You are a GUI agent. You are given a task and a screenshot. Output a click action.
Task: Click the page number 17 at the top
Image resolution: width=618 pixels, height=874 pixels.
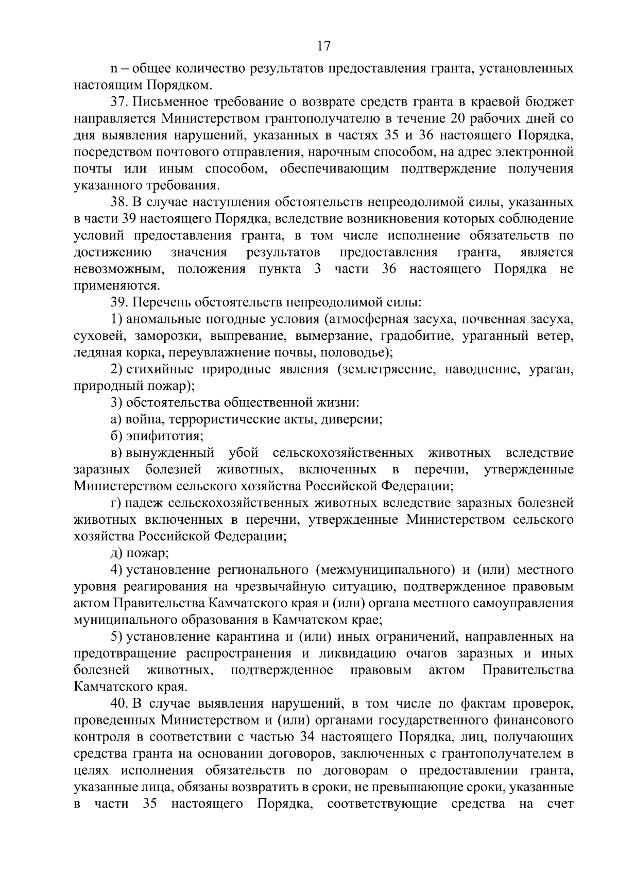323,47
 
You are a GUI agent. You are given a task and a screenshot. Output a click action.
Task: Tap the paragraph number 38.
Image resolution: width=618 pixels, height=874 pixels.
118,202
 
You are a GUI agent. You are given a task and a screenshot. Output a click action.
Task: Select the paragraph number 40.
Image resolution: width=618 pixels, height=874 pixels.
118,703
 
